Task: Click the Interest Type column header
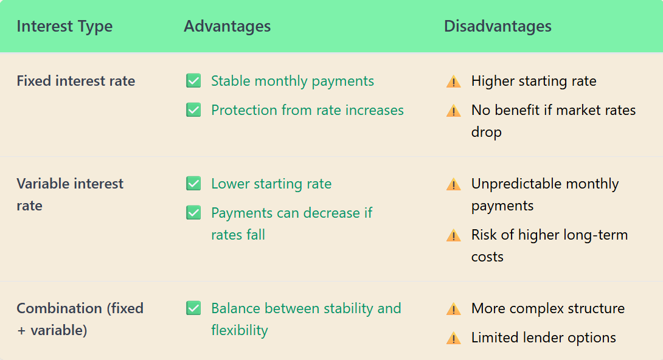(x=64, y=27)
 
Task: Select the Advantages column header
(x=227, y=27)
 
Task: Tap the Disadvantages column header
(x=498, y=27)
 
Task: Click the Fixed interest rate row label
(x=76, y=81)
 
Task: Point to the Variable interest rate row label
(x=70, y=195)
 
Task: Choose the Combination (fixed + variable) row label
(x=80, y=319)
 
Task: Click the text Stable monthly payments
(x=293, y=81)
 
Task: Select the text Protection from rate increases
(x=307, y=110)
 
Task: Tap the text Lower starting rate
(x=271, y=184)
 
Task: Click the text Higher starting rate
(x=533, y=81)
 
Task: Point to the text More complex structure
(x=547, y=308)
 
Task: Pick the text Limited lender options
(x=543, y=337)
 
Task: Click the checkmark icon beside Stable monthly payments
(x=193, y=81)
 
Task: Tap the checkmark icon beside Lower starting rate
(x=193, y=184)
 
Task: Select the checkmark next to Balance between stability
(x=193, y=308)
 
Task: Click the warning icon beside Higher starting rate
(x=453, y=81)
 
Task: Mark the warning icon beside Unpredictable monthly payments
(x=453, y=184)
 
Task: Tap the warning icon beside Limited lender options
(x=453, y=338)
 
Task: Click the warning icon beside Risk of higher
(x=453, y=235)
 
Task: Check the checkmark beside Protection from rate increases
(x=193, y=110)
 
